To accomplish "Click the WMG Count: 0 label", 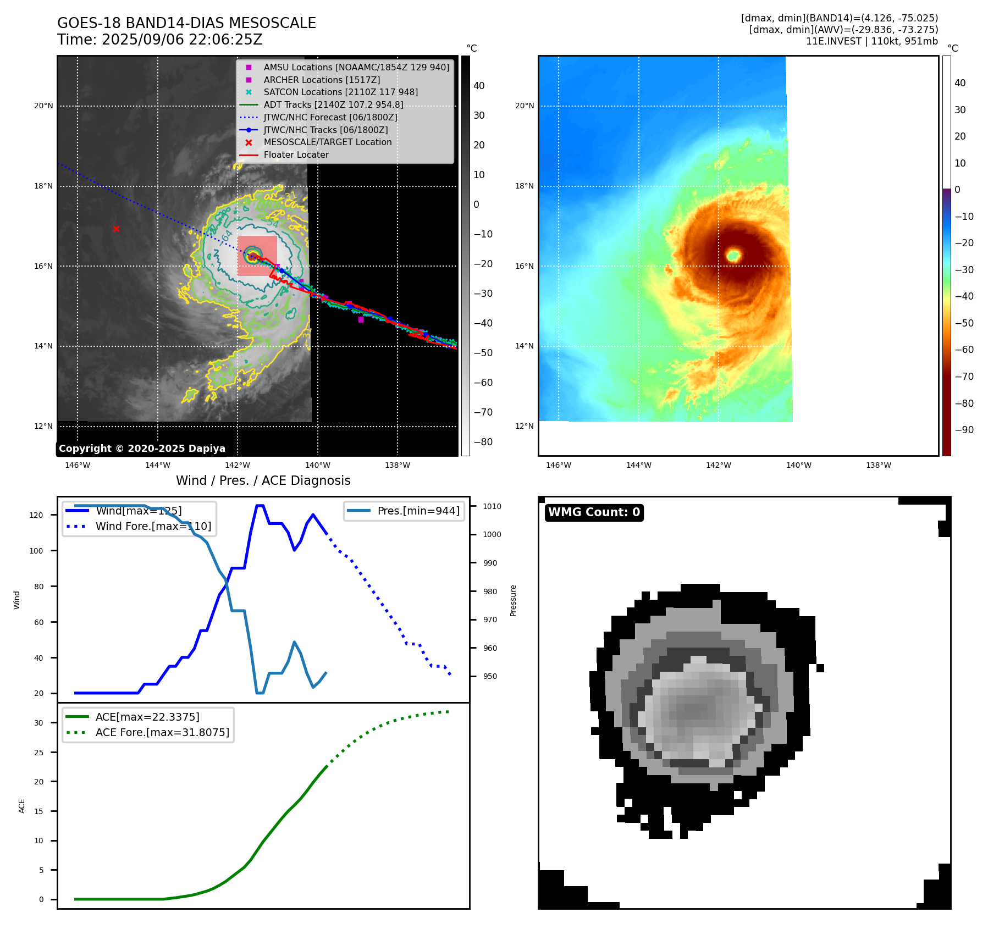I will (x=594, y=512).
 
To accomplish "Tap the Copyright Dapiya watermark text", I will (x=142, y=449).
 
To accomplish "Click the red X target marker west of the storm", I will (x=116, y=229).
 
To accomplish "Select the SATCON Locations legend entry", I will (x=340, y=92).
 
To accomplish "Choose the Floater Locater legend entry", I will (x=296, y=155).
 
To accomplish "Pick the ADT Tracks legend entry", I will (x=333, y=105).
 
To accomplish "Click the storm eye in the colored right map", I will (x=733, y=255).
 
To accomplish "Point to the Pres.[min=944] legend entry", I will (x=418, y=511).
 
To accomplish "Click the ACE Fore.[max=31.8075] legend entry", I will (x=162, y=732).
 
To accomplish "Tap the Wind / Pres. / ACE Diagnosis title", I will (x=263, y=480).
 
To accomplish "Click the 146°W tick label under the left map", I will (x=78, y=466).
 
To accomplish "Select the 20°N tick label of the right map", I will (x=524, y=106).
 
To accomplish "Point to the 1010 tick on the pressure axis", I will (x=492, y=506).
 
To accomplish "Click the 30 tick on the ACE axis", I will (x=38, y=723).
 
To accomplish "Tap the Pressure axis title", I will (x=514, y=600).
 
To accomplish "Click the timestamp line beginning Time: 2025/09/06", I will (x=159, y=40).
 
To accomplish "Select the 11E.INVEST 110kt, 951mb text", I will (x=871, y=41).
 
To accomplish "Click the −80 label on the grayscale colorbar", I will (x=483, y=442).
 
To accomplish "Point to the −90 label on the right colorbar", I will (x=964, y=430).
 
